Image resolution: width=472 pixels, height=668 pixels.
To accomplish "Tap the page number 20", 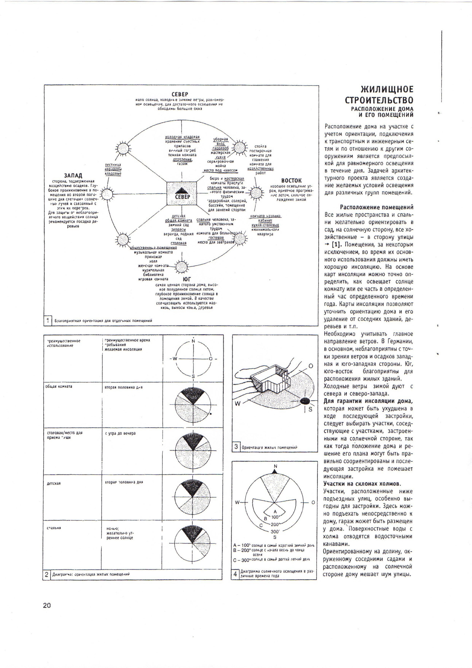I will point(47,605).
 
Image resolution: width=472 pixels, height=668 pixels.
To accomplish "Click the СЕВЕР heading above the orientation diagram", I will point(180,94).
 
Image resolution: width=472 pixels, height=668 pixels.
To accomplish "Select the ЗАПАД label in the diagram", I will point(73,176).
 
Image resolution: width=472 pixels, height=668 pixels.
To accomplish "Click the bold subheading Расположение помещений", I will point(377,208).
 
